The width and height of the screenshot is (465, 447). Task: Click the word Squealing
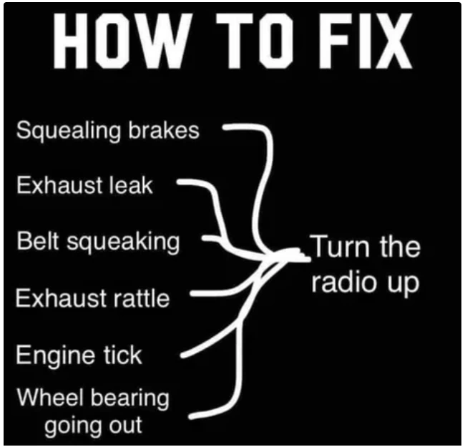click(69, 131)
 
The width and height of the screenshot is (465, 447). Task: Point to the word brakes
click(164, 129)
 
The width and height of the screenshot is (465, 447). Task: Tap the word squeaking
click(123, 242)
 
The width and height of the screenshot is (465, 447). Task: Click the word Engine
click(56, 355)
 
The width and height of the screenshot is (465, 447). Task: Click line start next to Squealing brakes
click(224, 127)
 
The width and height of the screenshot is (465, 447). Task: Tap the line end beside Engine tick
click(182, 355)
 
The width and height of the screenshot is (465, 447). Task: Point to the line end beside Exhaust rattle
click(192, 293)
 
